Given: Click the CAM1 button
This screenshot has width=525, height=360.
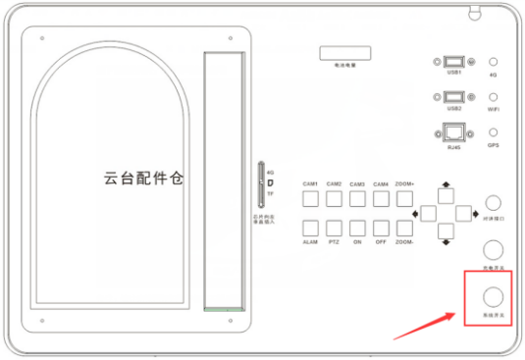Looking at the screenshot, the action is [x=309, y=199].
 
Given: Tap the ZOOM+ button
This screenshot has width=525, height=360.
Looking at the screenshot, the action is [x=403, y=199].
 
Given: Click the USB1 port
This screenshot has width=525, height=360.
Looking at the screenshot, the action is [x=453, y=61].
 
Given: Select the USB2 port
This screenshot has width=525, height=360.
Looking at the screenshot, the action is [x=453, y=97].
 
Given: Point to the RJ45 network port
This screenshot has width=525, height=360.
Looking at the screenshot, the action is [x=453, y=133].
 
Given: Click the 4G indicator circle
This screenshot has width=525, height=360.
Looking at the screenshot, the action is [x=494, y=61].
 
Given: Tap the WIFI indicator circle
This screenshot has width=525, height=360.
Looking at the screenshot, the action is [x=494, y=97].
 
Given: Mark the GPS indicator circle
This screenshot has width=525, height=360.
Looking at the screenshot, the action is [x=494, y=132].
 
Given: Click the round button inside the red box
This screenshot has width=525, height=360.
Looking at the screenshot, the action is [x=494, y=295].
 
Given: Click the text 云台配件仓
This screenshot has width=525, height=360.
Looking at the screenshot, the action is [x=144, y=179].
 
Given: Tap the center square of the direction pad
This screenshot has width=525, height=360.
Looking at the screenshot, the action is [x=446, y=213].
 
